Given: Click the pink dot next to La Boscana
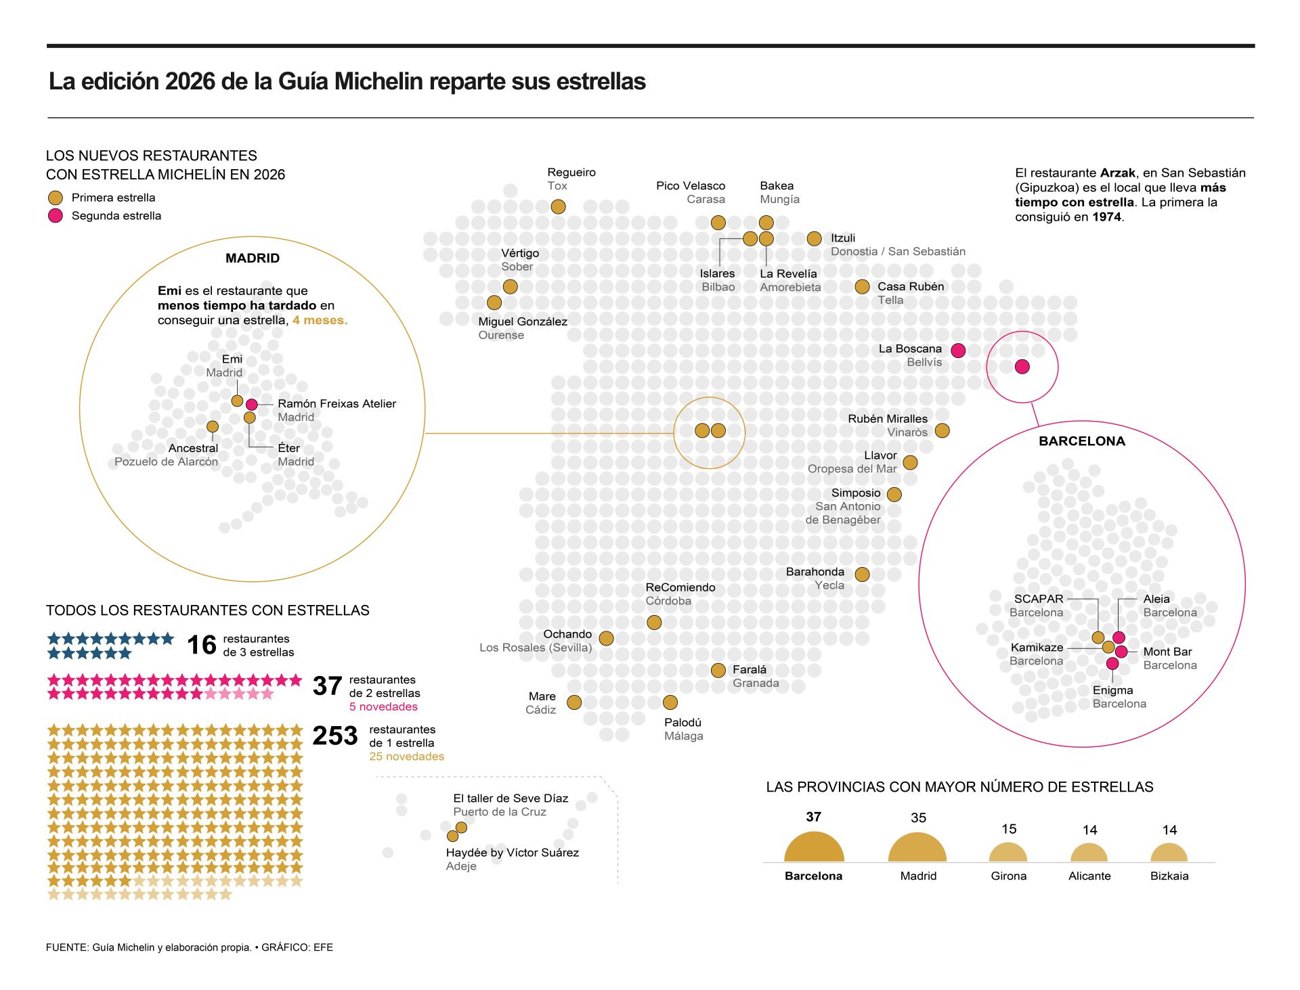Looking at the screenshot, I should tap(958, 351).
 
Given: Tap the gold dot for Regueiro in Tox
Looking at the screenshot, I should tap(558, 206).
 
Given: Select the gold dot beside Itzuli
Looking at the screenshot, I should tap(815, 238).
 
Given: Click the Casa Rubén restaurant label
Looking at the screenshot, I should tap(910, 286).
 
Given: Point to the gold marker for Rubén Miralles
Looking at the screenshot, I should tap(942, 430).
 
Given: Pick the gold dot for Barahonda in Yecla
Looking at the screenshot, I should tap(862, 575).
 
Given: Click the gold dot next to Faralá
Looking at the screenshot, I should tap(718, 670).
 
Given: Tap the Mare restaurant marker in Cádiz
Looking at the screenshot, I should tap(574, 702).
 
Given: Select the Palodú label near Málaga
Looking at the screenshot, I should tap(682, 722).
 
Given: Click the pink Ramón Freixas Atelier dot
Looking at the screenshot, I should tap(252, 405).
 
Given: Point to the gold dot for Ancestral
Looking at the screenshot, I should tap(213, 426).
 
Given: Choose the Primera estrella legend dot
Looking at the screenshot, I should tap(56, 198).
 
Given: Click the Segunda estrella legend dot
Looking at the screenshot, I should tap(56, 216).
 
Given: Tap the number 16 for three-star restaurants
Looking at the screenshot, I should tap(202, 645).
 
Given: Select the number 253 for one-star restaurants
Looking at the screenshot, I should tap(334, 736).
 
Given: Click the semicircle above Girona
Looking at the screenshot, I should tap(1008, 853).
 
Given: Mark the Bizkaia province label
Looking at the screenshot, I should tap(1169, 876).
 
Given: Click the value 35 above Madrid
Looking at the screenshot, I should tap(918, 817).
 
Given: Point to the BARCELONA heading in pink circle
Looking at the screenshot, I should tap(1081, 441).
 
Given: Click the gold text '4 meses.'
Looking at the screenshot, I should tap(320, 320).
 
